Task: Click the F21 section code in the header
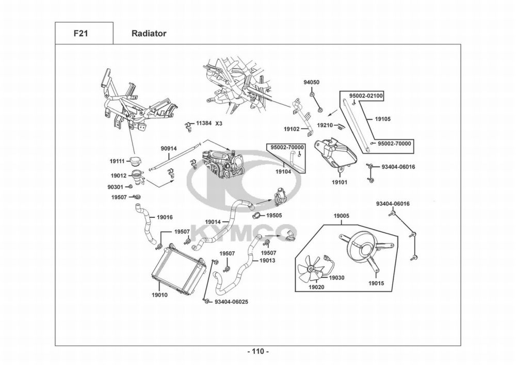click(80, 33)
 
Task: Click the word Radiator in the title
click(149, 33)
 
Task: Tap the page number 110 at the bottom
click(258, 352)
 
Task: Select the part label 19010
click(159, 295)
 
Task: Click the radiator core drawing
click(179, 269)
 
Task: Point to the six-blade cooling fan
click(310, 268)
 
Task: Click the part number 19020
click(316, 287)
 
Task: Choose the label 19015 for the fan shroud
click(376, 283)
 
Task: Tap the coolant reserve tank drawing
click(335, 155)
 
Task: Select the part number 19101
click(340, 182)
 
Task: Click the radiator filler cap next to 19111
click(135, 161)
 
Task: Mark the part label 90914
click(169, 149)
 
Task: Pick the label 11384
click(204, 123)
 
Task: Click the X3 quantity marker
click(219, 123)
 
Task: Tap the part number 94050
click(311, 82)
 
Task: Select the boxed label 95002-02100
click(366, 96)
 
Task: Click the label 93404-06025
click(231, 301)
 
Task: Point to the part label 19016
click(165, 217)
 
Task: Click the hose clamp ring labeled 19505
click(256, 216)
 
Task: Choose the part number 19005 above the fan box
click(342, 216)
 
